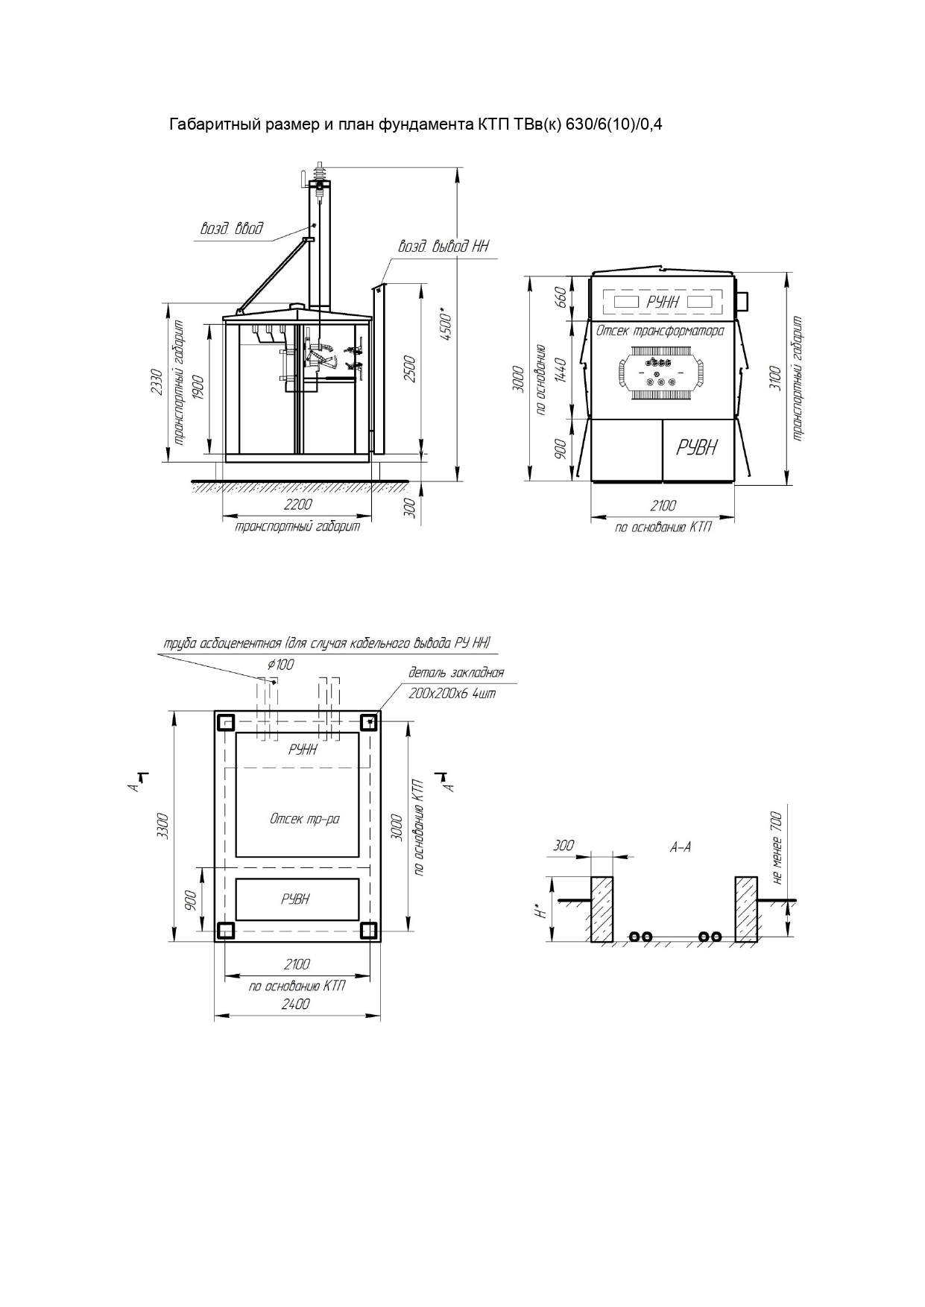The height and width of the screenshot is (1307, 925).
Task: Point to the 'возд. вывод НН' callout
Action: (443, 246)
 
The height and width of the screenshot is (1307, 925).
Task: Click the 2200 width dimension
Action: (297, 504)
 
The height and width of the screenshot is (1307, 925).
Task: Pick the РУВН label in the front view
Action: (697, 447)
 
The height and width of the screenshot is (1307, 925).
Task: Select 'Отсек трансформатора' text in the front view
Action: (660, 331)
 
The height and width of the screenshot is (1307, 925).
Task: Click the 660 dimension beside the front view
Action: (561, 297)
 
